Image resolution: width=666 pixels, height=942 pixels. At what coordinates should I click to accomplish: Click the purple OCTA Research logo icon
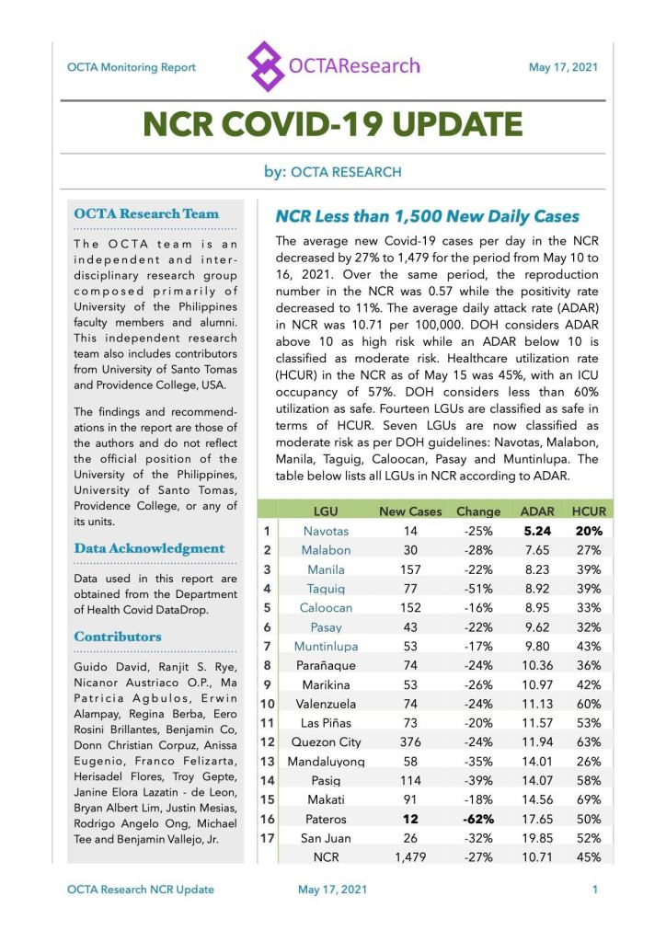pos(266,66)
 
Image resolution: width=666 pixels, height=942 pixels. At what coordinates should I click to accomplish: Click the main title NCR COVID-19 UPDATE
pos(332,125)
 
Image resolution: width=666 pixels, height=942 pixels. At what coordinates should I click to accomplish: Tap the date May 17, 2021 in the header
pos(563,67)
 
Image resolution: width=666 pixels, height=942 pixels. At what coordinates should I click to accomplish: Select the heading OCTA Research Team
pos(146,214)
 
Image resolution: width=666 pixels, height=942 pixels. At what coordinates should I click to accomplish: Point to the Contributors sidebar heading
pos(118,636)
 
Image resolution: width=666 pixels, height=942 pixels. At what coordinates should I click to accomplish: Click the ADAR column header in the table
pos(536,511)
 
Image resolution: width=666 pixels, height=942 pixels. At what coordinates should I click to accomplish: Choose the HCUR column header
pos(589,511)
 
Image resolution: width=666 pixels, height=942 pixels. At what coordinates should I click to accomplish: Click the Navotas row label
pos(326,531)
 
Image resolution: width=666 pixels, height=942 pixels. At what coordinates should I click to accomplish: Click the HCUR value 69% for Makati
pos(589,799)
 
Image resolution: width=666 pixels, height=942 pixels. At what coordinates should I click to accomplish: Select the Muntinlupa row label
pos(326,646)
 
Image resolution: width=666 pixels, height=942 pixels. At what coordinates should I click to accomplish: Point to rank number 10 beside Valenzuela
pos(267,704)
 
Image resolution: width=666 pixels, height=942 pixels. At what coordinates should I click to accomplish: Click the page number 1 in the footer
pos(595,890)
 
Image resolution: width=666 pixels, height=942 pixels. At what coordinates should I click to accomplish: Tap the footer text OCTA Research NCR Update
pos(141,890)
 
